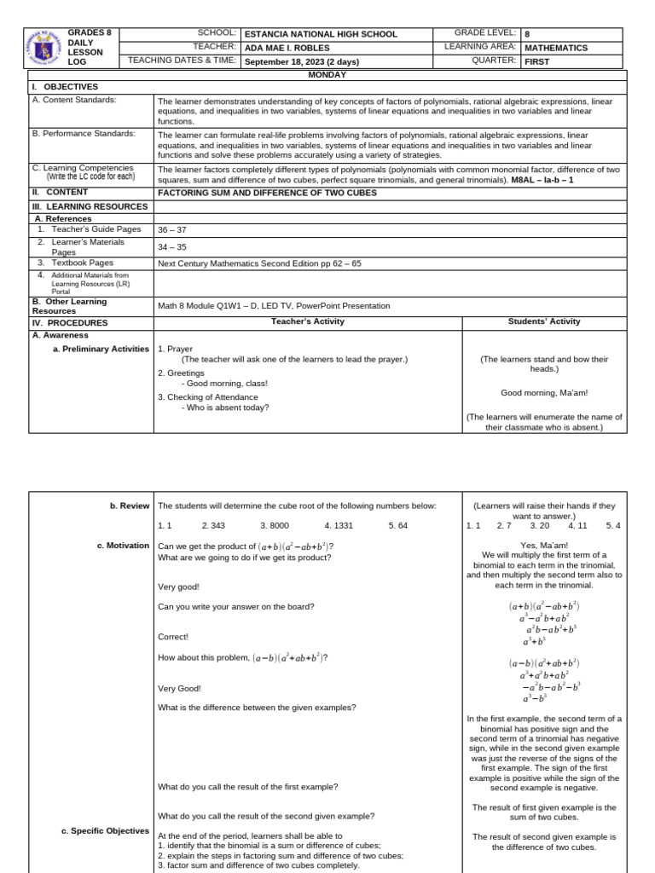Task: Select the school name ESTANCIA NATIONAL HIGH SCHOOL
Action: (x=321, y=34)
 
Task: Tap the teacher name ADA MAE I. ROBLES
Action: (x=287, y=48)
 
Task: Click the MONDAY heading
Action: (x=328, y=75)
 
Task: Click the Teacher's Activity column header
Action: (x=307, y=321)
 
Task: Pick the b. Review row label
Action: (x=130, y=506)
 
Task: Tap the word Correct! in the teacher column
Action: (x=173, y=637)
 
